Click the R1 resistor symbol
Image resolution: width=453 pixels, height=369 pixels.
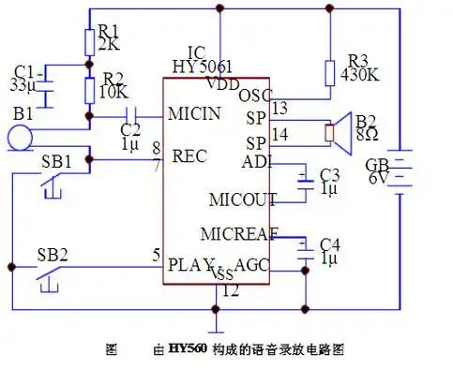click(90, 39)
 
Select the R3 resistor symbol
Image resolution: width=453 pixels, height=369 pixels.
click(330, 74)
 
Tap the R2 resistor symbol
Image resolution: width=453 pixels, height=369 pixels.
click(90, 90)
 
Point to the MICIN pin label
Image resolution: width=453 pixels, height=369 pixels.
click(195, 113)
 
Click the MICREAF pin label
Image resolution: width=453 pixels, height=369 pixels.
click(237, 232)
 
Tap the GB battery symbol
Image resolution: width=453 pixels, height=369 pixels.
click(403, 174)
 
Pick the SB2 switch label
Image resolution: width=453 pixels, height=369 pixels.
click(52, 255)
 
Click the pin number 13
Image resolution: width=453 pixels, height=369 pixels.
click(279, 108)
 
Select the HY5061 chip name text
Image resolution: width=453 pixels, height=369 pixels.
click(203, 66)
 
